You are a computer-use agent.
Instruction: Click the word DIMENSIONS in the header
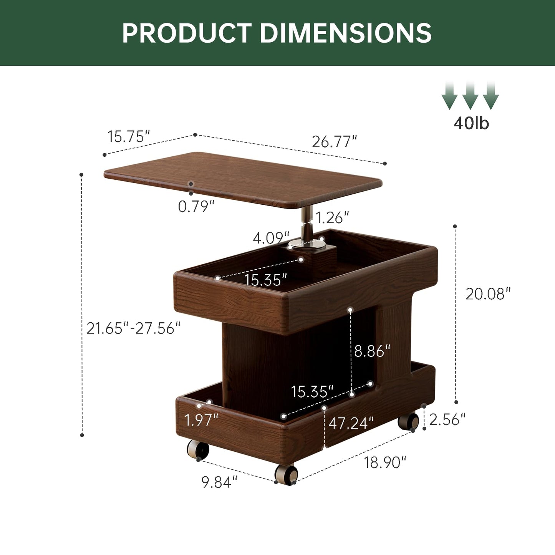pos(346,33)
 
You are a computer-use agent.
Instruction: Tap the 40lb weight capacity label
pos(471,123)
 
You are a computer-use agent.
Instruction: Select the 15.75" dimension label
pos(129,136)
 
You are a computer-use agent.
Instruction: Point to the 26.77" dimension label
pos(335,141)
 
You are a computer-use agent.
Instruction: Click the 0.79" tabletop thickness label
pos(196,206)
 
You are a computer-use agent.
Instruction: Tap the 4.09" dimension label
pos(271,238)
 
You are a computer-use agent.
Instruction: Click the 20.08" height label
pos(488,294)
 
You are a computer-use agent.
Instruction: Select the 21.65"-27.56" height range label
pos(134,328)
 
